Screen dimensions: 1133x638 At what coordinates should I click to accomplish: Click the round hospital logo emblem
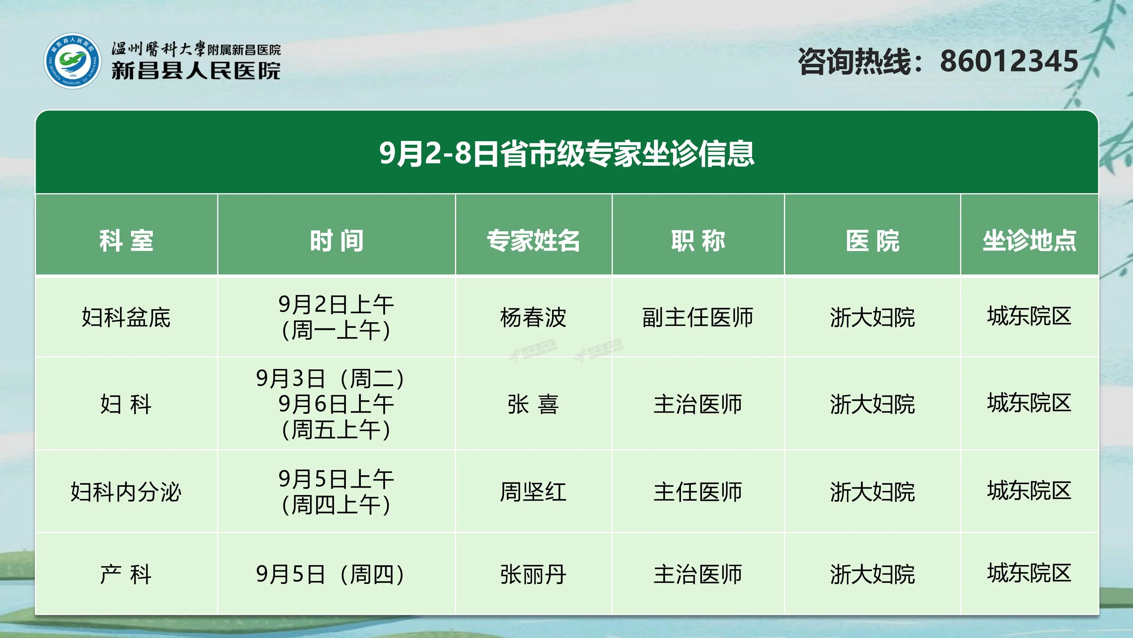(x=73, y=61)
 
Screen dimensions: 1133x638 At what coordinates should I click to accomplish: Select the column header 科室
(x=126, y=241)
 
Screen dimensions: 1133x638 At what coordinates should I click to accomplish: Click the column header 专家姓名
(x=533, y=241)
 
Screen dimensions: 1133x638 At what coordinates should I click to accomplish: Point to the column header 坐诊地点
(x=1029, y=241)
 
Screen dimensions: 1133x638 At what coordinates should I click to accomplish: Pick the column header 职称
(x=698, y=241)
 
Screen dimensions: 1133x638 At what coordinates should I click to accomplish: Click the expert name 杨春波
(x=533, y=317)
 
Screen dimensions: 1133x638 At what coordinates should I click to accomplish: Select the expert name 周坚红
(x=533, y=491)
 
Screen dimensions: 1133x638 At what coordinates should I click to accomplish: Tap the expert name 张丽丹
(x=533, y=574)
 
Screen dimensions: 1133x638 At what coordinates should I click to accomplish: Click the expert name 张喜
(x=533, y=404)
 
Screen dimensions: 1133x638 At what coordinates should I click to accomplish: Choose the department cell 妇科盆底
(x=126, y=317)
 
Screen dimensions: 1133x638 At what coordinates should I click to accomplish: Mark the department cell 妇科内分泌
(x=126, y=491)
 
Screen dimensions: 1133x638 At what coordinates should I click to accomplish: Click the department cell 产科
(x=126, y=574)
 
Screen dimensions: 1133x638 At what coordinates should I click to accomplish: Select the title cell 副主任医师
(x=698, y=317)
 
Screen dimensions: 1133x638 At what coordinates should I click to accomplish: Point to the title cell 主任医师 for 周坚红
(x=698, y=491)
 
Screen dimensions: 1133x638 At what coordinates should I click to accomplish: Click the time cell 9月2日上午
(x=336, y=317)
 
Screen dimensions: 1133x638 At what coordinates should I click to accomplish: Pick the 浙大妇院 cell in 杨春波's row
(x=873, y=317)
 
